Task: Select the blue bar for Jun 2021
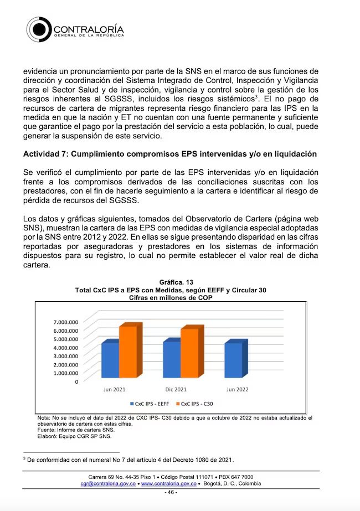110,360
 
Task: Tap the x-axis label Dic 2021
176,389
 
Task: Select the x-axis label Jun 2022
238,389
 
